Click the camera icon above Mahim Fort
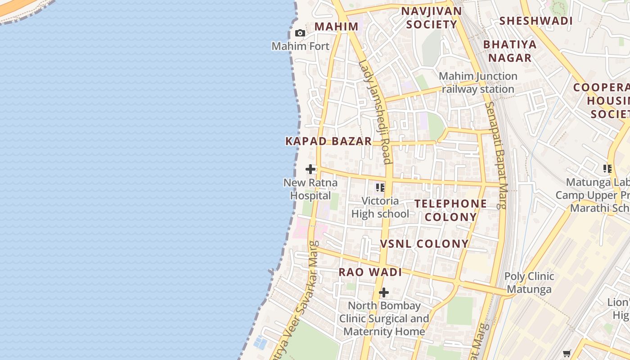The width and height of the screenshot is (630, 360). [x=300, y=33]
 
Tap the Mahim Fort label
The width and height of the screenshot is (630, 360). [x=301, y=46]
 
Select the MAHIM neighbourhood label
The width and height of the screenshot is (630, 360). [x=336, y=27]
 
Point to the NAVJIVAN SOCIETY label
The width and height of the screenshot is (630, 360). [x=432, y=18]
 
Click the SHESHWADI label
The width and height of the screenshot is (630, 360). [x=536, y=21]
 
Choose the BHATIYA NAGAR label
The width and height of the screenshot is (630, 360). [x=510, y=51]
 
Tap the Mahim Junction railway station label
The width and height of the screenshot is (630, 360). [x=478, y=82]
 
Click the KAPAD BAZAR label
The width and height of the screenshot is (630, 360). [x=328, y=141]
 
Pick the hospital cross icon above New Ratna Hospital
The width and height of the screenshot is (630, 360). [x=310, y=169]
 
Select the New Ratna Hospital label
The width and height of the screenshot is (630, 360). [x=310, y=189]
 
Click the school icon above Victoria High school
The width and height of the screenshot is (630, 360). [x=380, y=187]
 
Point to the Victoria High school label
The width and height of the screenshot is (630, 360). [x=380, y=207]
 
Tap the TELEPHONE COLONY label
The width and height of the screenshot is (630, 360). [x=450, y=210]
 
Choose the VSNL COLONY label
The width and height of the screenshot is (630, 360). [x=424, y=244]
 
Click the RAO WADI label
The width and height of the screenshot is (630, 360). [x=370, y=272]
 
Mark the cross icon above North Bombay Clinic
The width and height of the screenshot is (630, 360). [x=383, y=293]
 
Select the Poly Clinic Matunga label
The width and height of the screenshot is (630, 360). [x=529, y=283]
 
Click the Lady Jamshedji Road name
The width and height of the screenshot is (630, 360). [x=374, y=112]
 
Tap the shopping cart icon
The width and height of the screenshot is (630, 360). [x=567, y=354]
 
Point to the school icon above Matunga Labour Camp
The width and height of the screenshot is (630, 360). [x=607, y=169]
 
